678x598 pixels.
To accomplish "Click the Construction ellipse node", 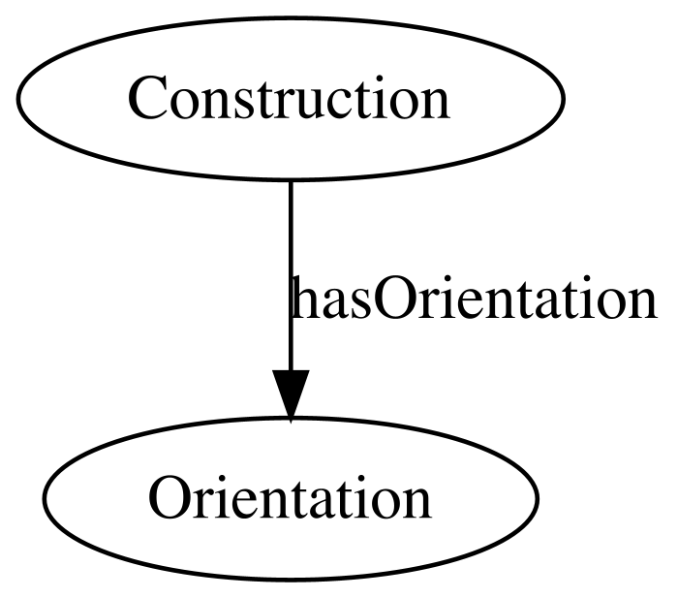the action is [291, 98].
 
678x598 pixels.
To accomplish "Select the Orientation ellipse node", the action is [291, 498].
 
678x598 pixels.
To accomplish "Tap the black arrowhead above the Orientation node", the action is [291, 396].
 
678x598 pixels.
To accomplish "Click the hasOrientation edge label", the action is [475, 299].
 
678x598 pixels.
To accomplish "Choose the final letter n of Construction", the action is [435, 105].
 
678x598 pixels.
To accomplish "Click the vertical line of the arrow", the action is [291, 275].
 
